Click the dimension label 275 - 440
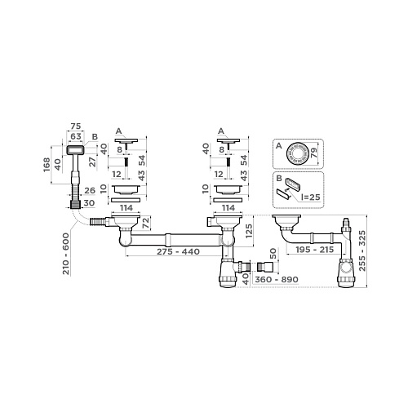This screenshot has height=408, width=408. (x=168, y=252)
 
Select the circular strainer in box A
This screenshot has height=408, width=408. (x=300, y=153)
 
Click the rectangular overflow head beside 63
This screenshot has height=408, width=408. (x=77, y=149)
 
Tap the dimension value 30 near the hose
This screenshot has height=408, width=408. (x=90, y=203)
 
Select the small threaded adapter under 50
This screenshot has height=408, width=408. (x=263, y=267)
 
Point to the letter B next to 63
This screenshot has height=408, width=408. (x=95, y=136)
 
